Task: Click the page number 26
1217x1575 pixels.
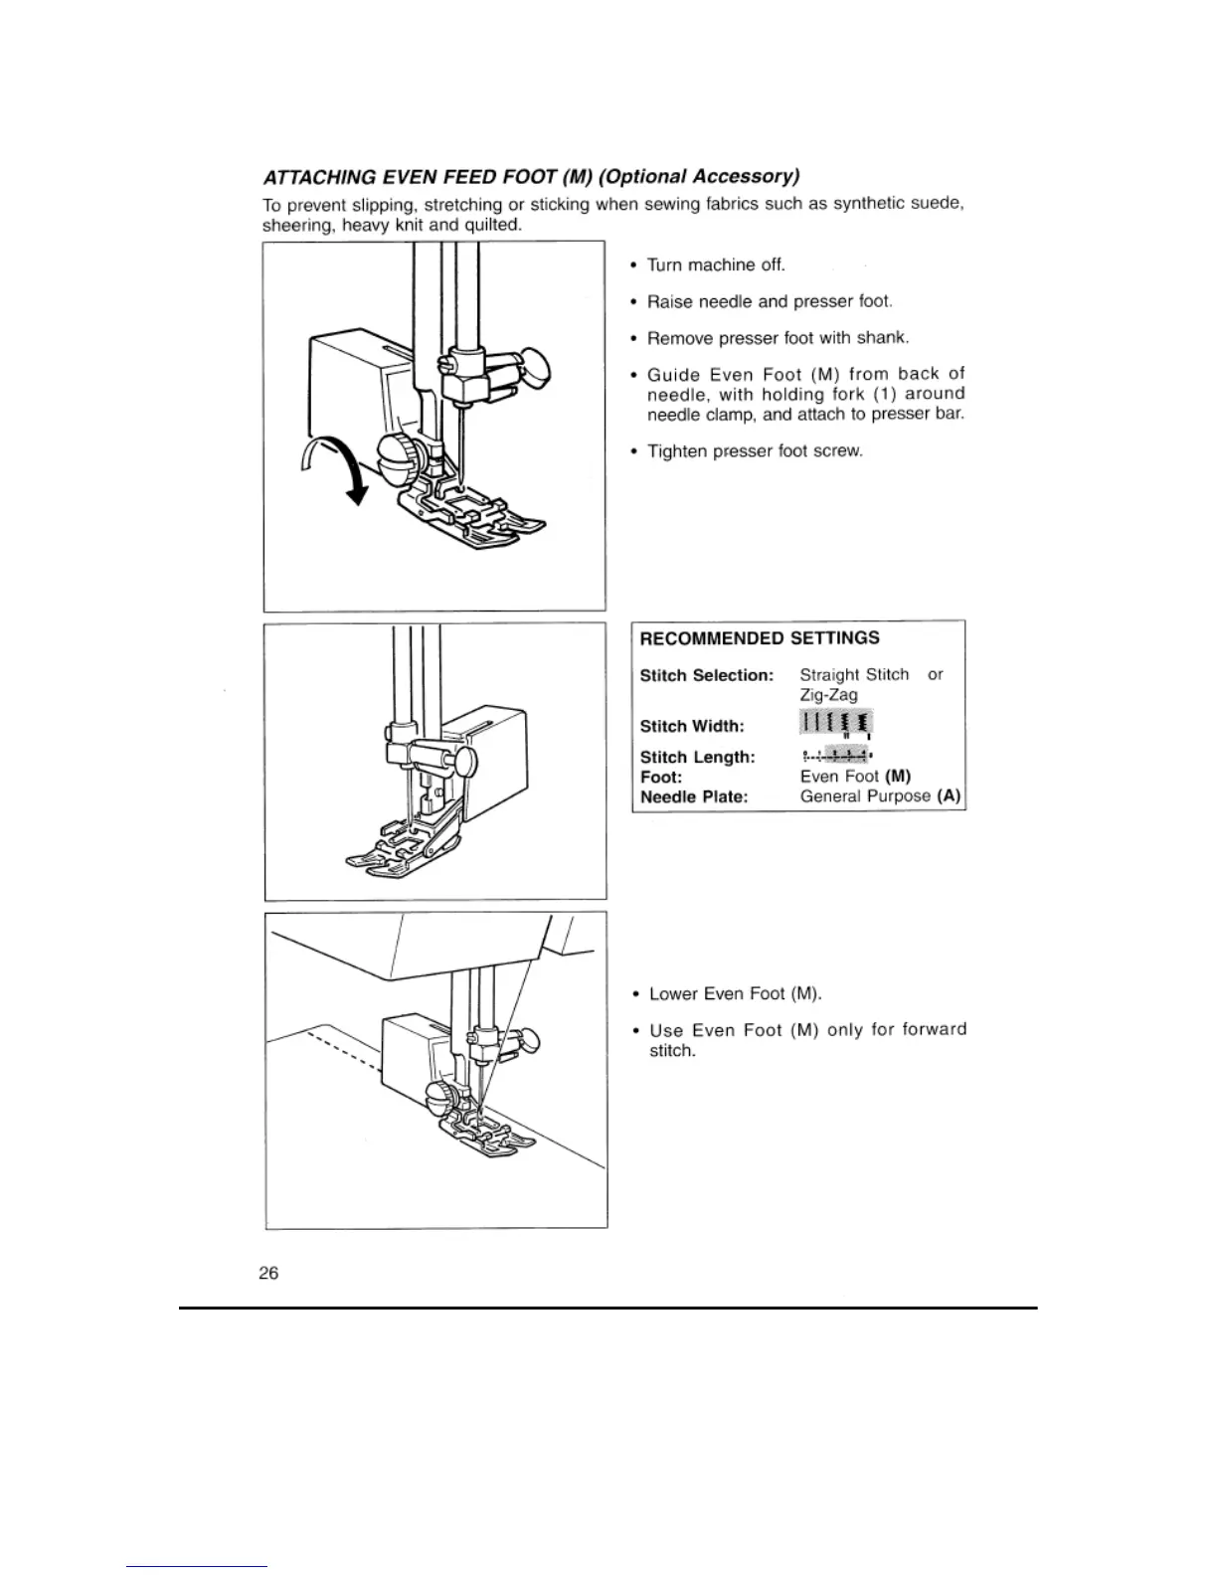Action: click(268, 1273)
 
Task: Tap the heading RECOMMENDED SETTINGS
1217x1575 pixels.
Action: click(760, 638)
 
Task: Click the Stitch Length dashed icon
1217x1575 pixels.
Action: click(835, 755)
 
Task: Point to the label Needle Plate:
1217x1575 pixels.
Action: click(694, 797)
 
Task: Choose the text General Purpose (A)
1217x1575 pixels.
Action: click(880, 796)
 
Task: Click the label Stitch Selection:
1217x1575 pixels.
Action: click(706, 676)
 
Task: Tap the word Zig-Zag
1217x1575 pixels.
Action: click(828, 695)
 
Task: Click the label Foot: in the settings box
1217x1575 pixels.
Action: click(661, 777)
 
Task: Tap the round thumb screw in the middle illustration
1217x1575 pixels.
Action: click(465, 763)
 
